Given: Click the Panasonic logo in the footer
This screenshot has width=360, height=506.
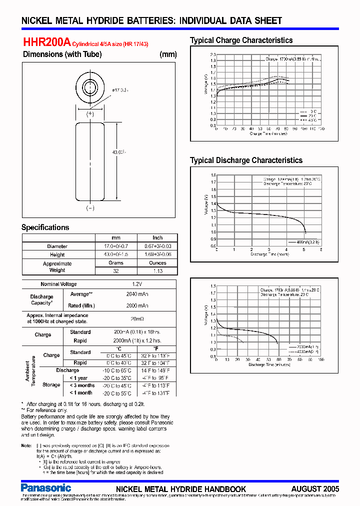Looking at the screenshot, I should [46, 487].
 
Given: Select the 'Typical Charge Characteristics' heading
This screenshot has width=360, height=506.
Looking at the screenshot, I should [241, 40].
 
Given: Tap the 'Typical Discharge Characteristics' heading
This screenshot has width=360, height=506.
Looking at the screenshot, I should [246, 160].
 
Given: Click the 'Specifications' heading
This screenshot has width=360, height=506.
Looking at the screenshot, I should [45, 227].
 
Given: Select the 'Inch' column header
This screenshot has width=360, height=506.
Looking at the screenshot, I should [157, 238].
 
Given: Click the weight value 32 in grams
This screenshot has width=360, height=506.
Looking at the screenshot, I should [115, 271].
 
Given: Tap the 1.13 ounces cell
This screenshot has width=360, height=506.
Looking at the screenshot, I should [157, 271].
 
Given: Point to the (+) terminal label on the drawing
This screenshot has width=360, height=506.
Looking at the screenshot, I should [90, 114].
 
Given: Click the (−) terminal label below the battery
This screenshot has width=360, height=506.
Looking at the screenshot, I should [90, 208].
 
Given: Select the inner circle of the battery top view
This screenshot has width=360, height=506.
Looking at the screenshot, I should [90, 85].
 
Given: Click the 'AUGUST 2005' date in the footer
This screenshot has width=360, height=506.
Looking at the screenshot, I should [315, 488].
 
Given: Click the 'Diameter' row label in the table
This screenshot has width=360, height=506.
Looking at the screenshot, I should [57, 246].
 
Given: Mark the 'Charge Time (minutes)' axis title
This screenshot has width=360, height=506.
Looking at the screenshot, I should [268, 133].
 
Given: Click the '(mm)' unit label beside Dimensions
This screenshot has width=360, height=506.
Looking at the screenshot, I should [167, 54].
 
